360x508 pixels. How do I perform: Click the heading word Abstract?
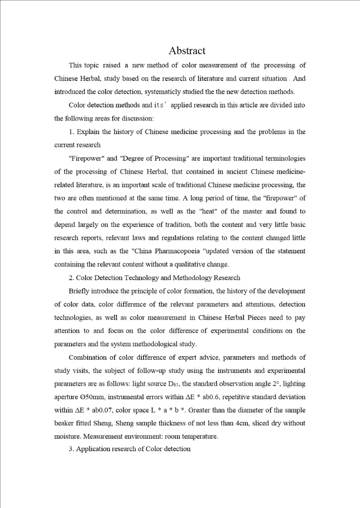click(187, 50)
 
